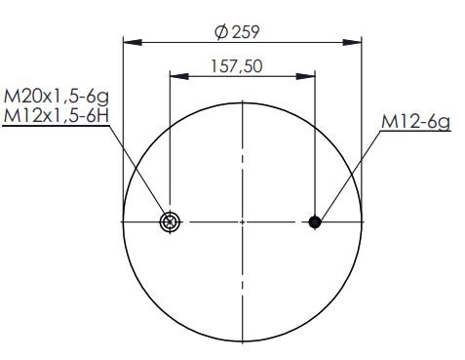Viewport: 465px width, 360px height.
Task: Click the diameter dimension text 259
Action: pos(246,32)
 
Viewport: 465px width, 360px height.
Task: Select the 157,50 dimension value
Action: pos(237,66)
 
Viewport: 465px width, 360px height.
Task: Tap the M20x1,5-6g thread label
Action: pos(56,97)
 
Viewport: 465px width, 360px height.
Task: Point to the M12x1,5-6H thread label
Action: pos(56,115)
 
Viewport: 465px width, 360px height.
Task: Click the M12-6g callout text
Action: pos(416,122)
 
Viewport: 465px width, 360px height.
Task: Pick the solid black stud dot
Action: pos(315,222)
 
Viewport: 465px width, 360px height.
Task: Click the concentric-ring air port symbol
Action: pos(170,222)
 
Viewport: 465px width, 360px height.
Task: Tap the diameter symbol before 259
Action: pos(221,32)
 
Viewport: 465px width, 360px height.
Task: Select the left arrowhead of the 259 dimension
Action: pos(133,42)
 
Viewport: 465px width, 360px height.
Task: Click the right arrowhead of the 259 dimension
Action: pos(352,42)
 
